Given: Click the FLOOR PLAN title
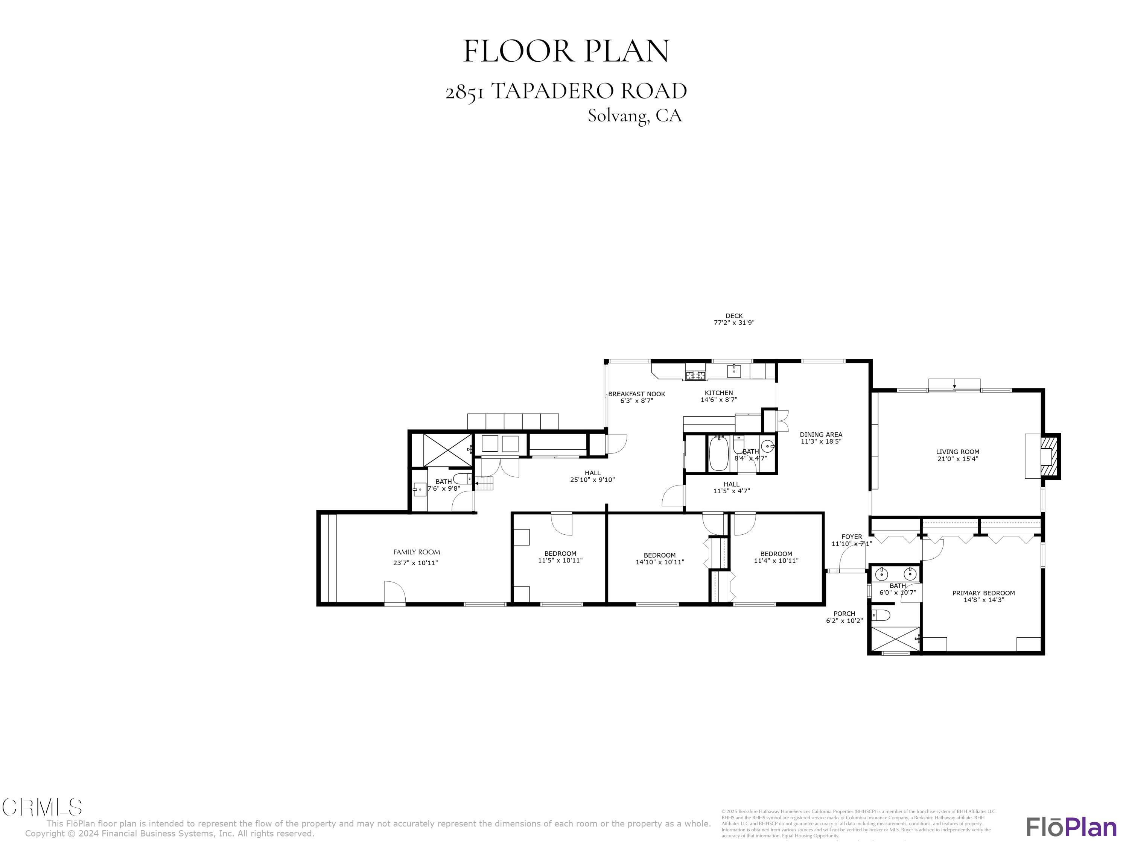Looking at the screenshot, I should pos(566,52).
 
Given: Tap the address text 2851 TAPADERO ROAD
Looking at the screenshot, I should pos(566,92).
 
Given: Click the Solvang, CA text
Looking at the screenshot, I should pos(634,116).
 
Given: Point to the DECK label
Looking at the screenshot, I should pos(733,316).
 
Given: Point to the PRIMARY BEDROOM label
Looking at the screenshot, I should pos(983,593).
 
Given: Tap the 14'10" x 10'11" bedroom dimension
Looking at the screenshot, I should pos(659,562).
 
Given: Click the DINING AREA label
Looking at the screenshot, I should pos(821,435).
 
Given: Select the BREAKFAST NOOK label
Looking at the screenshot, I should pos(636,394).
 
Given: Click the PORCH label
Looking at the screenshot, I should pos(844,614).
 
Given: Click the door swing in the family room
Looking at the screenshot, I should pos(394,593).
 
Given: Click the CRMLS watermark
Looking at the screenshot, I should pos(42,807).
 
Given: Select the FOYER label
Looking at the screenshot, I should pos(851,537).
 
